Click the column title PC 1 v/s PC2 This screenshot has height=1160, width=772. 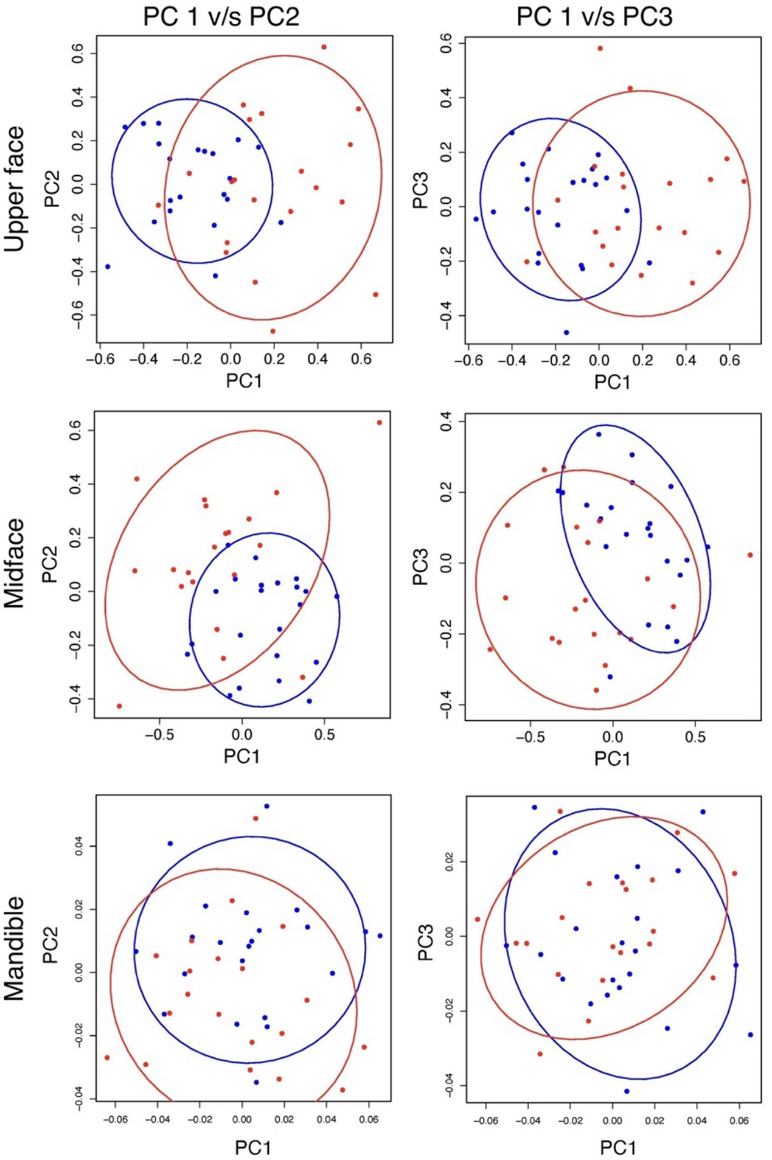(x=221, y=16)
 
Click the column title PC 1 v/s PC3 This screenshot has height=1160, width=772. (x=594, y=16)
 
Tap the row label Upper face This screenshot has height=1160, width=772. (x=15, y=189)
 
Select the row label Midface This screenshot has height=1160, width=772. (x=15, y=563)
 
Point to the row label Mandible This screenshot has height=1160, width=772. (x=15, y=948)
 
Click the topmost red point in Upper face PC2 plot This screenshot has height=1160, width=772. (x=324, y=47)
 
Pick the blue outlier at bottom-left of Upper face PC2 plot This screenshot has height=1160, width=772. (x=108, y=266)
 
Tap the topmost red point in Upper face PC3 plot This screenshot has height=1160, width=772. (x=600, y=48)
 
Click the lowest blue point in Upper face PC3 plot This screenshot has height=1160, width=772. (x=566, y=332)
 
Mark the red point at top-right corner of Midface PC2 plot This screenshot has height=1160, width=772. (x=379, y=422)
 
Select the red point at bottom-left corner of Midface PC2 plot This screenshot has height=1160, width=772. (x=119, y=706)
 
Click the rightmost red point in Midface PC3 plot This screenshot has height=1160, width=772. (x=750, y=555)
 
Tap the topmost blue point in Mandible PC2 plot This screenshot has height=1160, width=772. (x=266, y=806)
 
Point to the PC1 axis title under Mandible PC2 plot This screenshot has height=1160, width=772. (x=253, y=1147)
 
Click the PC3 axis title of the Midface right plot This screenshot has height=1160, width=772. (x=421, y=566)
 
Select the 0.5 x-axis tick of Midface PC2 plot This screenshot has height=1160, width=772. (x=324, y=735)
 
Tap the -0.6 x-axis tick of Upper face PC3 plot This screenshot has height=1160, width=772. (x=468, y=361)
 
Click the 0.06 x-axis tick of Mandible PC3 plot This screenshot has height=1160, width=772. (x=739, y=1121)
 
